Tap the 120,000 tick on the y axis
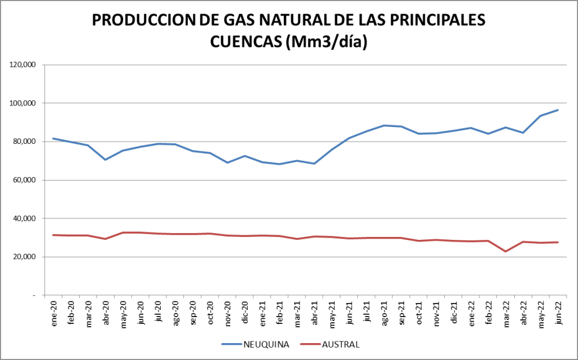pyautogui.click(x=23, y=65)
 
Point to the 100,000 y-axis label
pyautogui.click(x=23, y=103)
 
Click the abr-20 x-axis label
pyautogui.click(x=106, y=310)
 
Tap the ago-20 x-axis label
pyautogui.click(x=176, y=310)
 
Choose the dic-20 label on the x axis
pyautogui.click(x=245, y=310)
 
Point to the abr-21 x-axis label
pyautogui.click(x=315, y=310)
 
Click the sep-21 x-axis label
pyautogui.click(x=402, y=310)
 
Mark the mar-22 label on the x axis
pyautogui.click(x=506, y=310)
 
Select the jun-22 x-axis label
pyautogui.click(x=558, y=310)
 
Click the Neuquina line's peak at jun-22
pyautogui.click(x=558, y=110)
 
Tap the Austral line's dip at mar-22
pyautogui.click(x=506, y=251)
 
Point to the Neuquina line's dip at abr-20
pyautogui.click(x=106, y=160)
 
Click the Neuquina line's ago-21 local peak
pyautogui.click(x=384, y=125)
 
